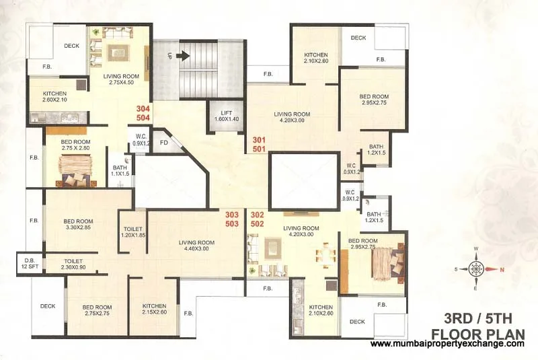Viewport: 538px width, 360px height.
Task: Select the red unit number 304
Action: point(143,108)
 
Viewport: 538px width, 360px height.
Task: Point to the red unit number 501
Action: point(259,149)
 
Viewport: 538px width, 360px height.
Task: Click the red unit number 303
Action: point(232,214)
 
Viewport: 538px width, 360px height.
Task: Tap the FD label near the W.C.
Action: point(163,143)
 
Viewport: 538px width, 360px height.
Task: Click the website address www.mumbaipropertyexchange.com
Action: point(447,344)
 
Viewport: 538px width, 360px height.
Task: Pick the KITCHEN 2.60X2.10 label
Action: point(54,97)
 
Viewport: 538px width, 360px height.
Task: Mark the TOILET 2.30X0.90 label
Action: point(73,264)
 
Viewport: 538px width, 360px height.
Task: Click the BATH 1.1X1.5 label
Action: point(119,170)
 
